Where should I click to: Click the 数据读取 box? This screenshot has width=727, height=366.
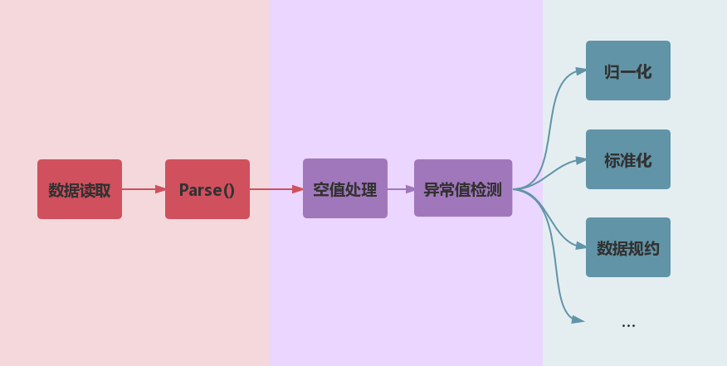(80, 189)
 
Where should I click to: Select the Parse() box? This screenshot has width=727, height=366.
(207, 189)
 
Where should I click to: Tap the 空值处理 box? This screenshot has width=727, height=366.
(345, 189)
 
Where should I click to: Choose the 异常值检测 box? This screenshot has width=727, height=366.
(463, 188)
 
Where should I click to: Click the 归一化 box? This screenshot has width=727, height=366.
(628, 71)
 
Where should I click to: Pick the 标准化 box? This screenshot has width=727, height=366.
(628, 159)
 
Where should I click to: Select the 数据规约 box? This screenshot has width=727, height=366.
(628, 247)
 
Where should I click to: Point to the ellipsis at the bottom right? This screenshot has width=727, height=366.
(628, 324)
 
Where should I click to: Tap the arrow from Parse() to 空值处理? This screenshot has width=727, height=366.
(276, 189)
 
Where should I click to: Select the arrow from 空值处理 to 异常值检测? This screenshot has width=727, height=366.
(400, 189)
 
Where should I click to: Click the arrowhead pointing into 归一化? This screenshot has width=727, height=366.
(580, 71)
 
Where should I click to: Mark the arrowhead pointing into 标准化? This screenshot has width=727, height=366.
(580, 159)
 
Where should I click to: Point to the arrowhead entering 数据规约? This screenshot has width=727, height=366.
(580, 246)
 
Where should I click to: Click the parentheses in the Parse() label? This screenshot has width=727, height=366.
(227, 190)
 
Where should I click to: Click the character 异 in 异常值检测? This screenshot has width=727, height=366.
(432, 189)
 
